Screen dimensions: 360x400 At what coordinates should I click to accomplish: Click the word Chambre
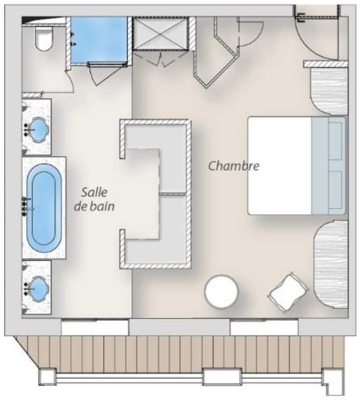coord(234,166)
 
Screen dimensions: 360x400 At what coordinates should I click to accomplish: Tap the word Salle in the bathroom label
coord(94,192)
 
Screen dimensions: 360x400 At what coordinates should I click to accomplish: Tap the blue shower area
coord(99,40)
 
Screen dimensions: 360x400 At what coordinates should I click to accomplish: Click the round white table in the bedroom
coord(222,292)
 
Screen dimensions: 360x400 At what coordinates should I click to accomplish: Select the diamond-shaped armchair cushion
coord(288,292)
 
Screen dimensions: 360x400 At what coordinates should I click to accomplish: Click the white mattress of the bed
coord(280,166)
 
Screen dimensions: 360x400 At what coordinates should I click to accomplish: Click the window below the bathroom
coord(95,327)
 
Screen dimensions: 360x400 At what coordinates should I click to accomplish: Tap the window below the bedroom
coord(264,327)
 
